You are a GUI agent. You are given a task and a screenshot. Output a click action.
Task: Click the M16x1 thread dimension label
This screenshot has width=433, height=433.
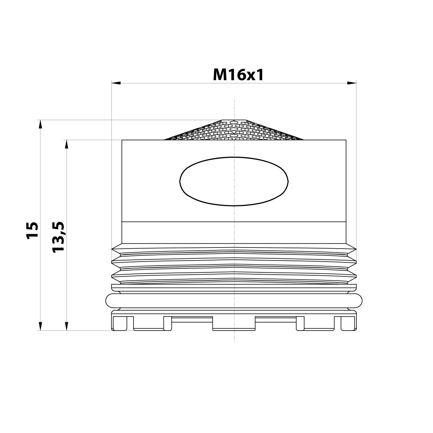click(x=238, y=75)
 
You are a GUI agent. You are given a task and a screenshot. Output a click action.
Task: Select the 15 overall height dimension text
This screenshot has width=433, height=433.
click(x=32, y=230)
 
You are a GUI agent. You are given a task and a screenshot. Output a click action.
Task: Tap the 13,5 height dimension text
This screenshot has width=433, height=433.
click(x=58, y=237)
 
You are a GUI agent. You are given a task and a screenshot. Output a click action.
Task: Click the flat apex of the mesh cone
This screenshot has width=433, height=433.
click(x=234, y=119)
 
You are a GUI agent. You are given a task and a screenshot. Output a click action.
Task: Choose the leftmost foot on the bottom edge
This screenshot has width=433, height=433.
click(x=123, y=323)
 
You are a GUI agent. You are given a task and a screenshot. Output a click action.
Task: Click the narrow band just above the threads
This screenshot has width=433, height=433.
click(x=234, y=232)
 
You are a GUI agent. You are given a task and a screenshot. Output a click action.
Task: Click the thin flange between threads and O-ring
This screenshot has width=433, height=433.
click(x=234, y=287)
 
